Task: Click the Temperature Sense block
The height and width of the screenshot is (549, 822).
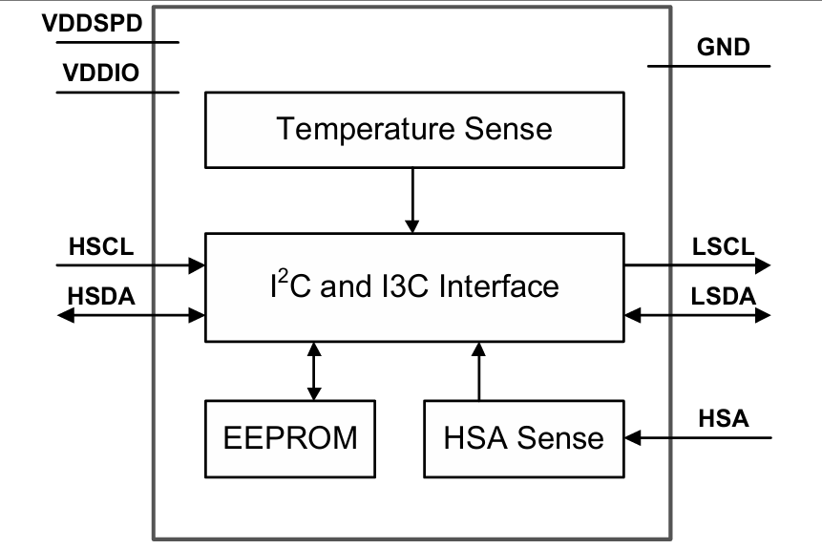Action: (414, 128)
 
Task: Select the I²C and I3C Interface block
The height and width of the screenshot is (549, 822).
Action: (414, 286)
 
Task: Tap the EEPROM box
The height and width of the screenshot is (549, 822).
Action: (290, 437)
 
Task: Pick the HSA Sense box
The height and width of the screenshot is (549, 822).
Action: (523, 438)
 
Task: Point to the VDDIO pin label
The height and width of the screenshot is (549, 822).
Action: (101, 74)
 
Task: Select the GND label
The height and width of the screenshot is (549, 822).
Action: (724, 47)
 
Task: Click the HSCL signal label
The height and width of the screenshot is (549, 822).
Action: (101, 246)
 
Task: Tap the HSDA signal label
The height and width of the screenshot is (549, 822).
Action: (101, 296)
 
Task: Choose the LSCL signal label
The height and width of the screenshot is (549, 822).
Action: (724, 246)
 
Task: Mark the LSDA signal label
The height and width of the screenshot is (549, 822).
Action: (724, 296)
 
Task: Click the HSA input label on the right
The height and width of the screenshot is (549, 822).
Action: (724, 418)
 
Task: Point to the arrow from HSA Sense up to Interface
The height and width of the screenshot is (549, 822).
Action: (478, 372)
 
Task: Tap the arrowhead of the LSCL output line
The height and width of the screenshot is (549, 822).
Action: (762, 265)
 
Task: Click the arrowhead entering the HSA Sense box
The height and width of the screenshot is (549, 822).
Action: (633, 438)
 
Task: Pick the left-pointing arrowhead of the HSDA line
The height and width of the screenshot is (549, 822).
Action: (65, 314)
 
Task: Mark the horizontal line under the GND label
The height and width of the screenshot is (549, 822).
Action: (708, 66)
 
